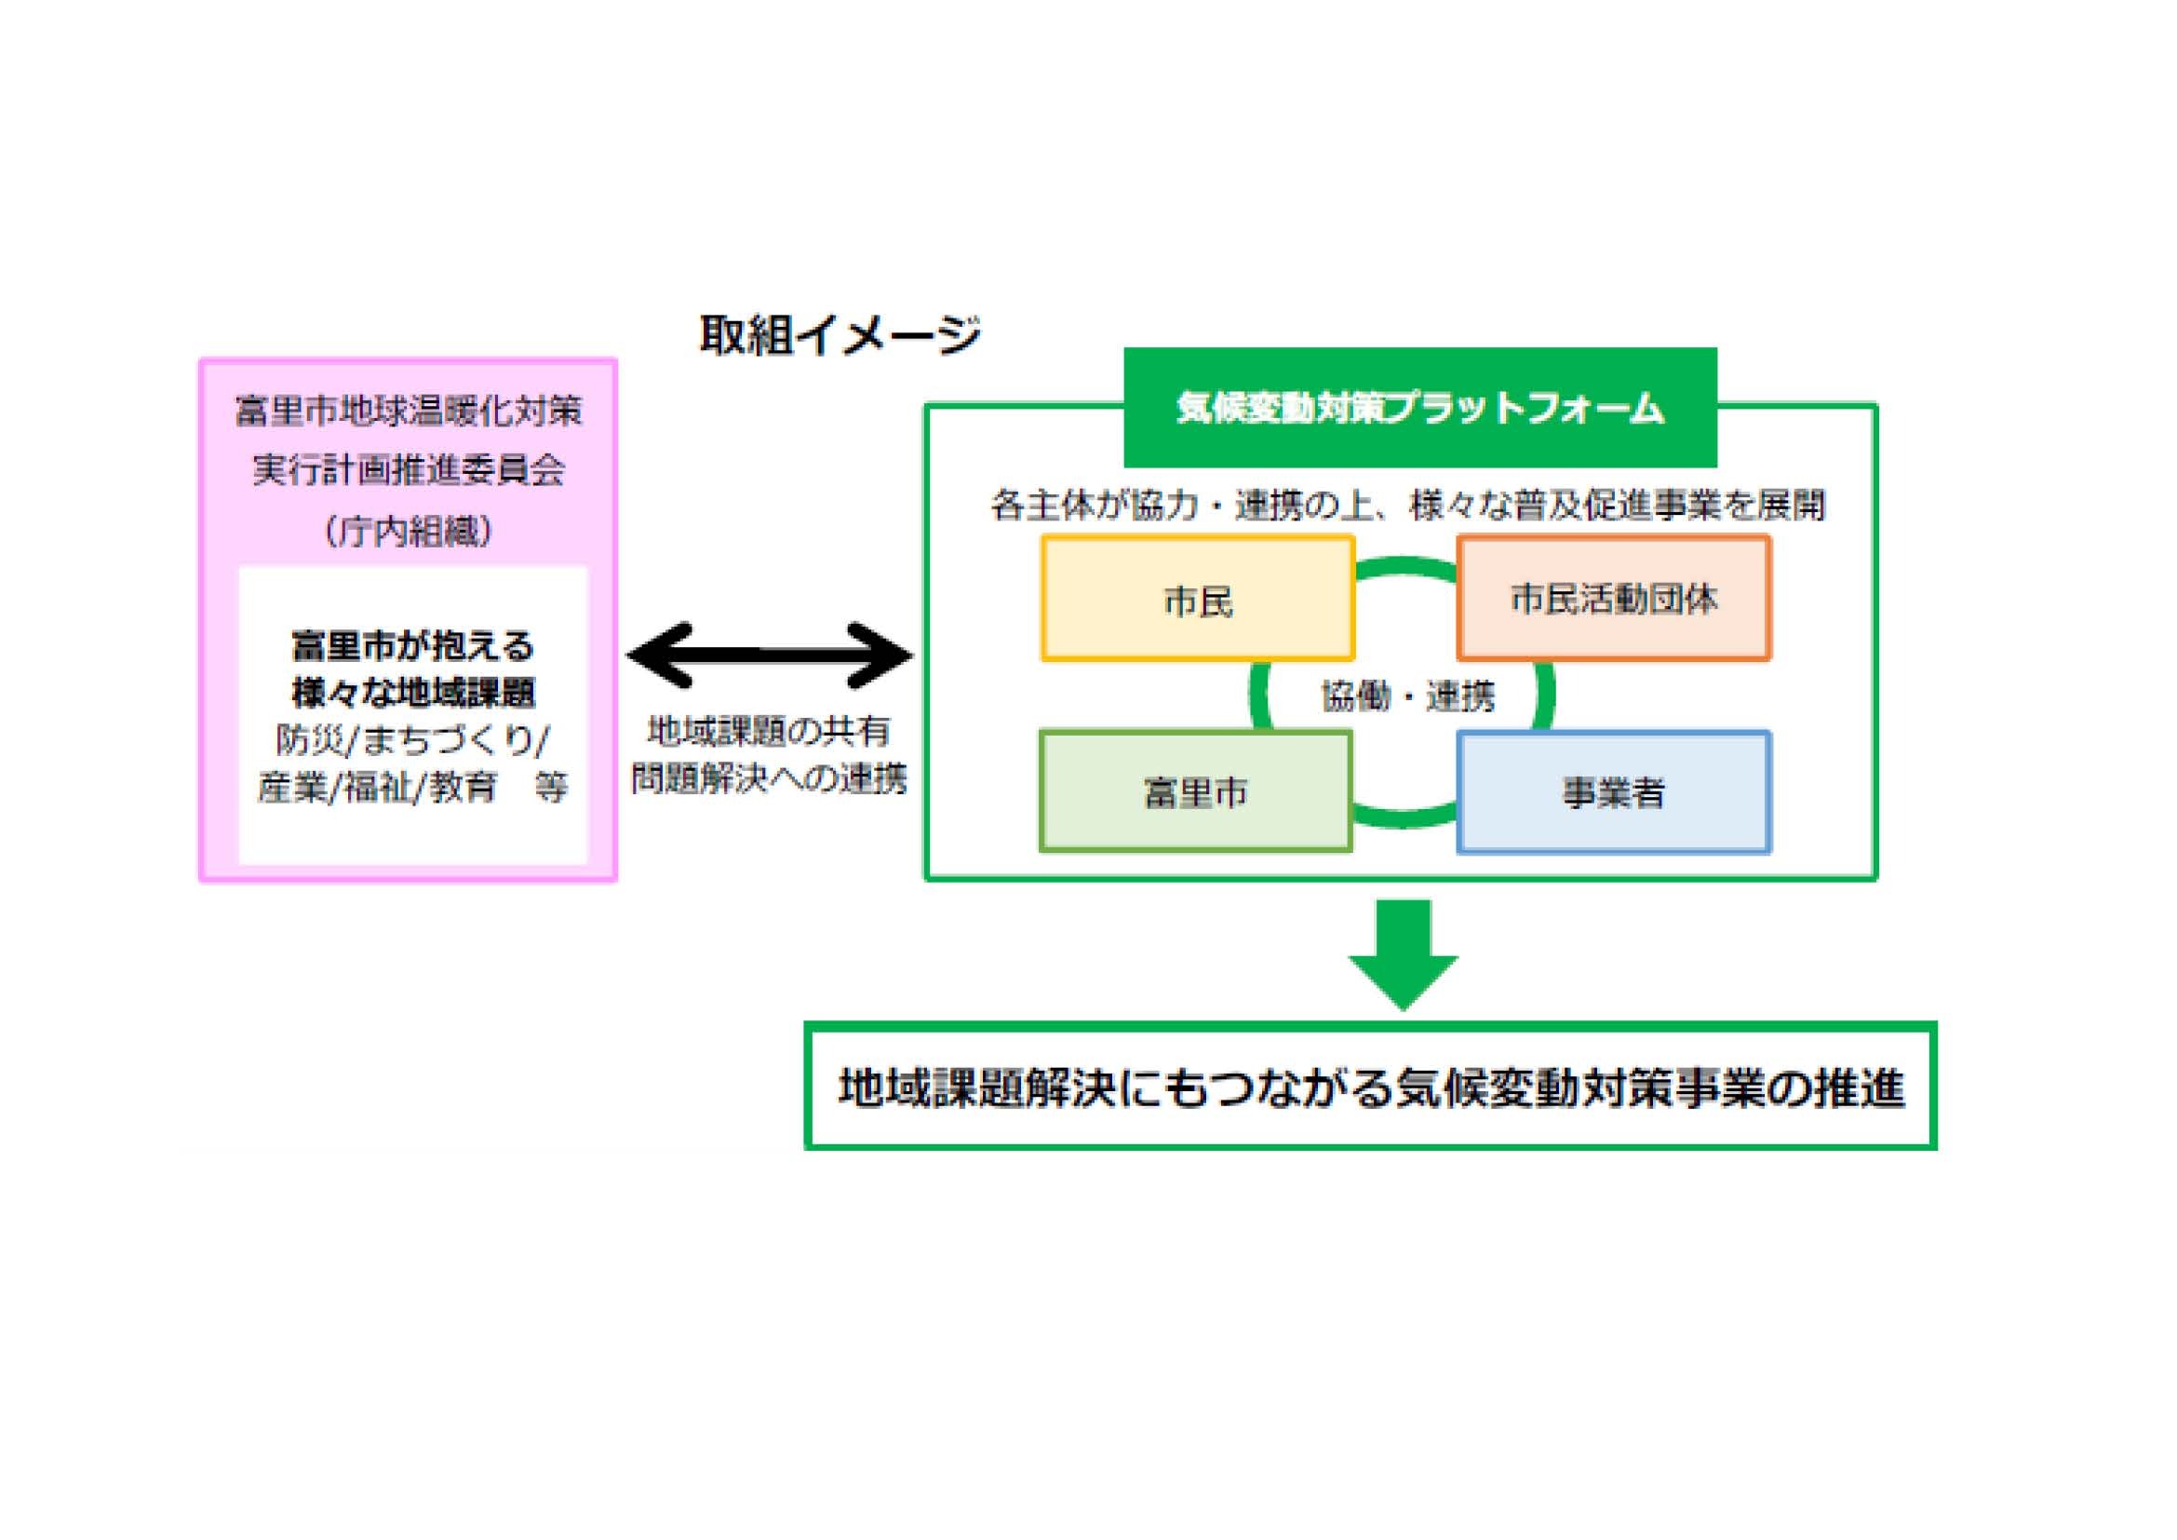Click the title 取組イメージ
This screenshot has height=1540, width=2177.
click(840, 336)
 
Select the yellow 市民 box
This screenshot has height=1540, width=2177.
click(1198, 600)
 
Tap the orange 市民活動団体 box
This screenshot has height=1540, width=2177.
click(1614, 599)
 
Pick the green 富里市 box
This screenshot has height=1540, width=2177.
click(1196, 791)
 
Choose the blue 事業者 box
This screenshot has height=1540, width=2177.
click(1614, 792)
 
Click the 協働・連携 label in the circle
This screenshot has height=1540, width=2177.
click(1407, 697)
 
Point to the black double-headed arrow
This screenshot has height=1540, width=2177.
click(769, 655)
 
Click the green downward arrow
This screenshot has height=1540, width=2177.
click(1403, 953)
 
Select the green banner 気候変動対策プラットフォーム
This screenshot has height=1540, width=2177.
click(1419, 409)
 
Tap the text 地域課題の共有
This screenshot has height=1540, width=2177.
click(768, 731)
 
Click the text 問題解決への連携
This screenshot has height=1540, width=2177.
click(769, 778)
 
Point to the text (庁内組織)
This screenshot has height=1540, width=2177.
click(409, 531)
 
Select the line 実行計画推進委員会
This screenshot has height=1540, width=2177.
click(409, 470)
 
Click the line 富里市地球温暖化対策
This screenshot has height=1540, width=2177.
click(409, 412)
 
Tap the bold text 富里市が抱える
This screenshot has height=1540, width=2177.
click(412, 647)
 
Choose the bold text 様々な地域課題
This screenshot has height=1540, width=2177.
click(412, 694)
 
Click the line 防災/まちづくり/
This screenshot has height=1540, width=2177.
click(412, 740)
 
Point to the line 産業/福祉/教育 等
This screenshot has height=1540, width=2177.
click(412, 787)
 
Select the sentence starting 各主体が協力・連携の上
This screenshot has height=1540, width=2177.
click(1407, 506)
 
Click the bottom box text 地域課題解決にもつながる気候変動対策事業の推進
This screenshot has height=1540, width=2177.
click(1371, 1087)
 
